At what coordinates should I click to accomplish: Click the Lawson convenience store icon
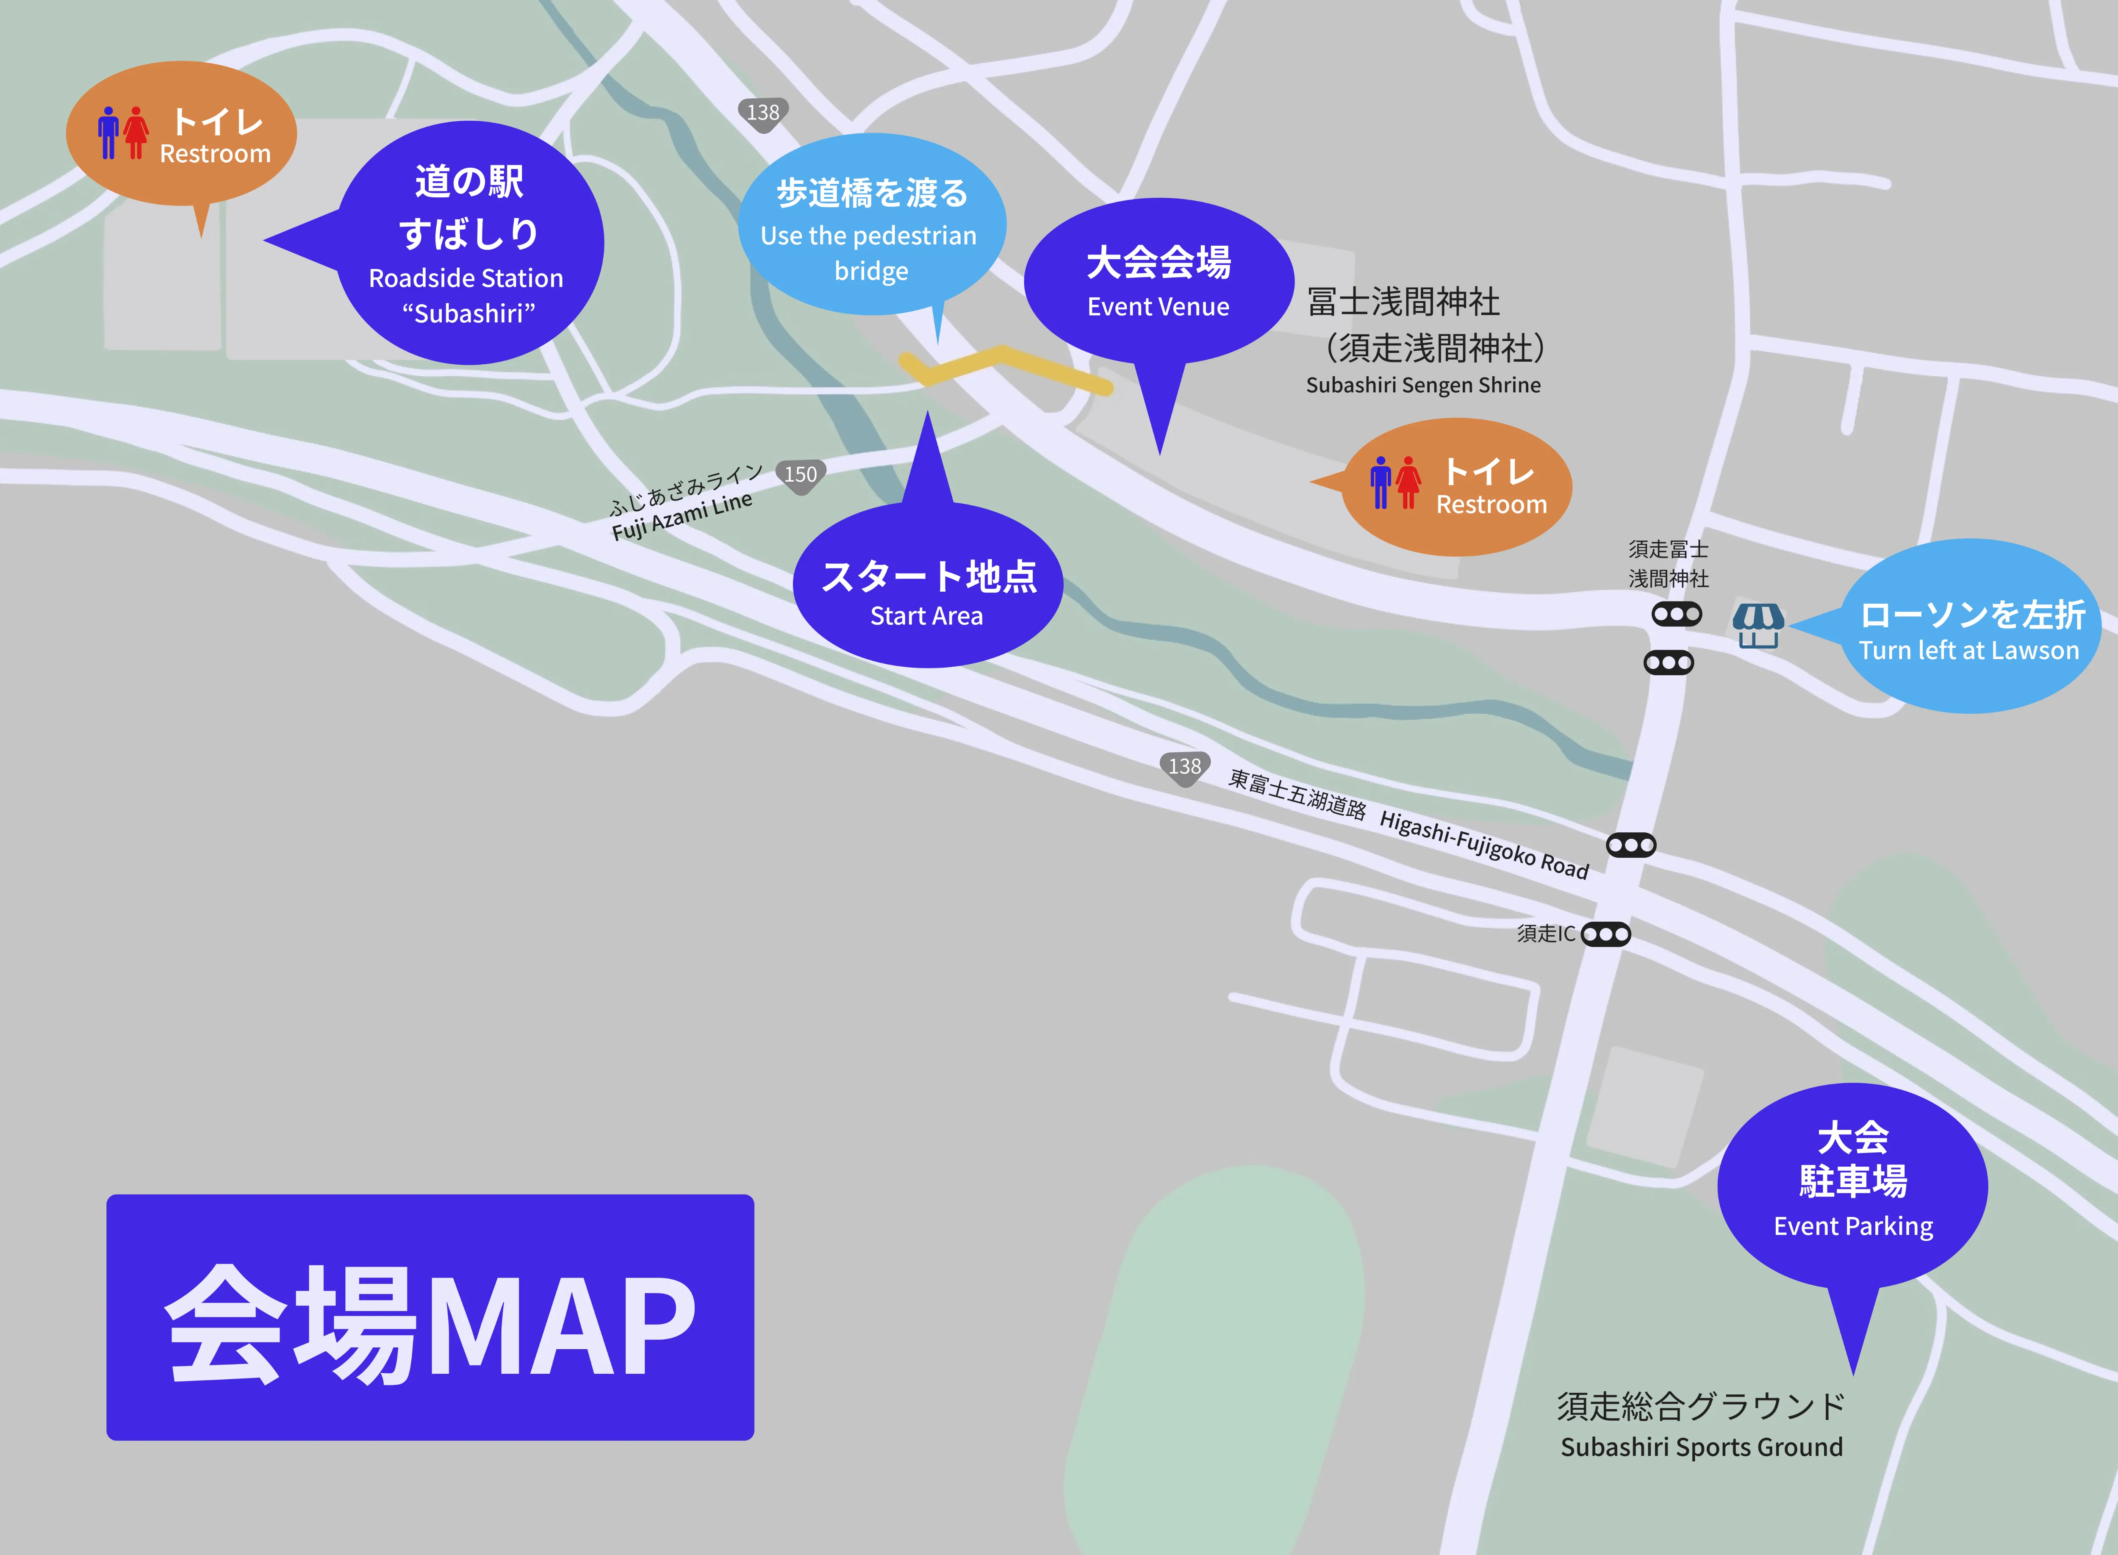(1758, 625)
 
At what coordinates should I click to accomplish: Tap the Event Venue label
(1158, 307)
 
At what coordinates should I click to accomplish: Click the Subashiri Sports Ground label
(1701, 1447)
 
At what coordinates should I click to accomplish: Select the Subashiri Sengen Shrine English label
(1422, 385)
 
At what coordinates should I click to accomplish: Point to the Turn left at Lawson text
(1968, 651)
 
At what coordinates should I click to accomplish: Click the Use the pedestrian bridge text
(869, 252)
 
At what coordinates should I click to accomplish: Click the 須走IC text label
(1545, 934)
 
